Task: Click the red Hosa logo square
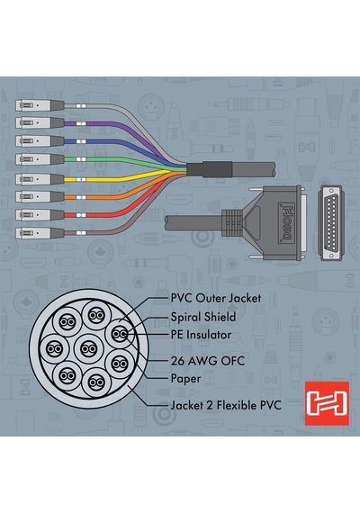[327, 403]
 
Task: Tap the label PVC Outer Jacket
[216, 298]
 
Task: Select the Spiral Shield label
[203, 317]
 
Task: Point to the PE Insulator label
[201, 335]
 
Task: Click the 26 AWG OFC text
[208, 361]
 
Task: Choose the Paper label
[185, 379]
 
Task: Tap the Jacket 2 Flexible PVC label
[226, 405]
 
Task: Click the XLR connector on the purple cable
[40, 123]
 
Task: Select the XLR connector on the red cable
[40, 214]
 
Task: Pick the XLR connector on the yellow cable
[40, 179]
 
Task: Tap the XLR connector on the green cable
[40, 159]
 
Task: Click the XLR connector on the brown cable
[40, 233]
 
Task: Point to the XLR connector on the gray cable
[40, 105]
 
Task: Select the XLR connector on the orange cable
[40, 196]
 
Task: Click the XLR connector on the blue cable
[40, 141]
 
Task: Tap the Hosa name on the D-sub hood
[287, 223]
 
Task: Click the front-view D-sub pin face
[330, 223]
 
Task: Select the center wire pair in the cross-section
[88, 349]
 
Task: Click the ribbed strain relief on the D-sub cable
[231, 223]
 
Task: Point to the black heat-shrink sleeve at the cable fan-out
[210, 169]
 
